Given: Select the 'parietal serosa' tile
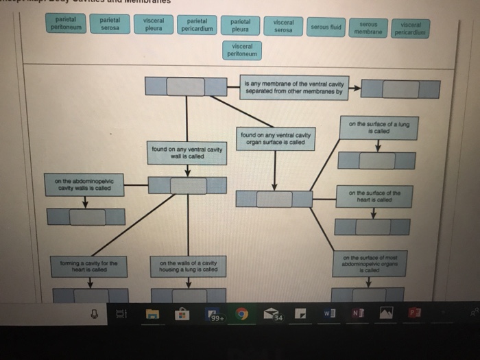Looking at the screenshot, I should (x=110, y=24).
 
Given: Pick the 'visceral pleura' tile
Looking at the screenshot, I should (x=153, y=24).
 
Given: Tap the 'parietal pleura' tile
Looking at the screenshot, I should (x=240, y=25).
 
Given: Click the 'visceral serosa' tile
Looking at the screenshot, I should (x=283, y=26).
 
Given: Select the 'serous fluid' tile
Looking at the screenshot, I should (x=326, y=27).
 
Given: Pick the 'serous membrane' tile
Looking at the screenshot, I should (x=368, y=28).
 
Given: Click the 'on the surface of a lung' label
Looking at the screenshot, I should (x=379, y=128).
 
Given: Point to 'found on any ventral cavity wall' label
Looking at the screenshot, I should (x=187, y=153).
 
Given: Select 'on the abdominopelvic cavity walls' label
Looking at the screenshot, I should (x=85, y=184).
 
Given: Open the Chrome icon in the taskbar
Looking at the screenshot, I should (x=242, y=314).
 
